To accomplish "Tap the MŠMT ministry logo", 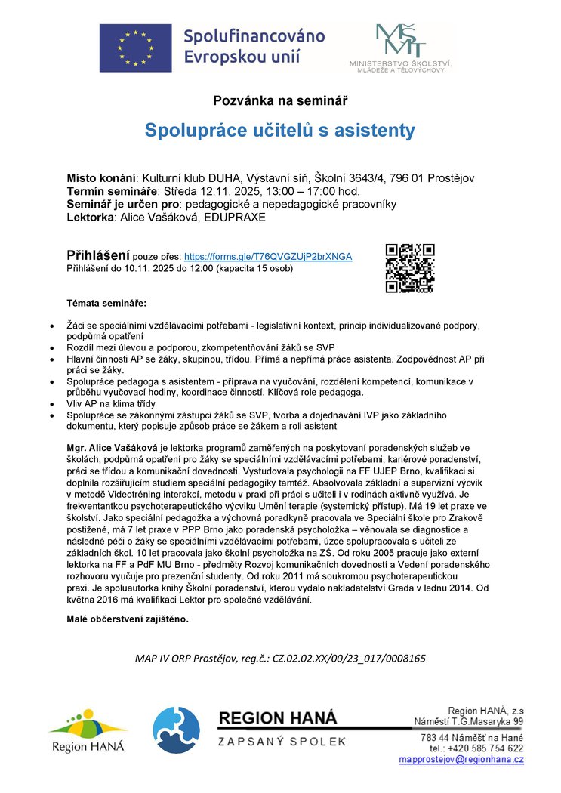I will [400, 47].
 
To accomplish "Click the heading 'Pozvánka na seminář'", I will [280, 100].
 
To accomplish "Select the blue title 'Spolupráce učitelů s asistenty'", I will [280, 131].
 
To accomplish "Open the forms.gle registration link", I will [268, 257].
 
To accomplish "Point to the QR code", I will [410, 267].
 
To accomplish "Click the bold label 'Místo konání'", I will [101, 178].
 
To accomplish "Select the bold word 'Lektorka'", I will [89, 218].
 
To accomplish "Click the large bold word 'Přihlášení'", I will [98, 255].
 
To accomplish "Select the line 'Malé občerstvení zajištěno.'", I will [128, 619].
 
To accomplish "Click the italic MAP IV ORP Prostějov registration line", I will [280, 658].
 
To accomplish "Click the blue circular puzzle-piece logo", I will [176, 731].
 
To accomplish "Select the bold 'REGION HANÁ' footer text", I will [279, 718].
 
